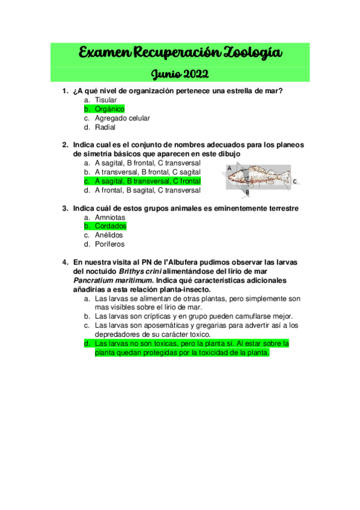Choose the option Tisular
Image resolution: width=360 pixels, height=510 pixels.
click(x=106, y=100)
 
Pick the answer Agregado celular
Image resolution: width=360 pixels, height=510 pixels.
click(x=123, y=118)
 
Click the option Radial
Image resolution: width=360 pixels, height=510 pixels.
click(x=105, y=127)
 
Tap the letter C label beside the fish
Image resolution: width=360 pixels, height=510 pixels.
click(x=294, y=181)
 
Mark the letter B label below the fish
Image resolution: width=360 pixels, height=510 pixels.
click(x=246, y=192)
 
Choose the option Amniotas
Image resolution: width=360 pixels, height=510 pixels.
click(x=110, y=217)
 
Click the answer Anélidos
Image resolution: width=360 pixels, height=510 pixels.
click(x=109, y=235)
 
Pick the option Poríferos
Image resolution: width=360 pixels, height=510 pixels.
click(x=110, y=244)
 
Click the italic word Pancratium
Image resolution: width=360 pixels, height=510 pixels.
click(x=96, y=280)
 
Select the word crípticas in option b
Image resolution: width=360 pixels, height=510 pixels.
click(x=159, y=316)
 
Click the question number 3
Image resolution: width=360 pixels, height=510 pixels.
click(x=64, y=208)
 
